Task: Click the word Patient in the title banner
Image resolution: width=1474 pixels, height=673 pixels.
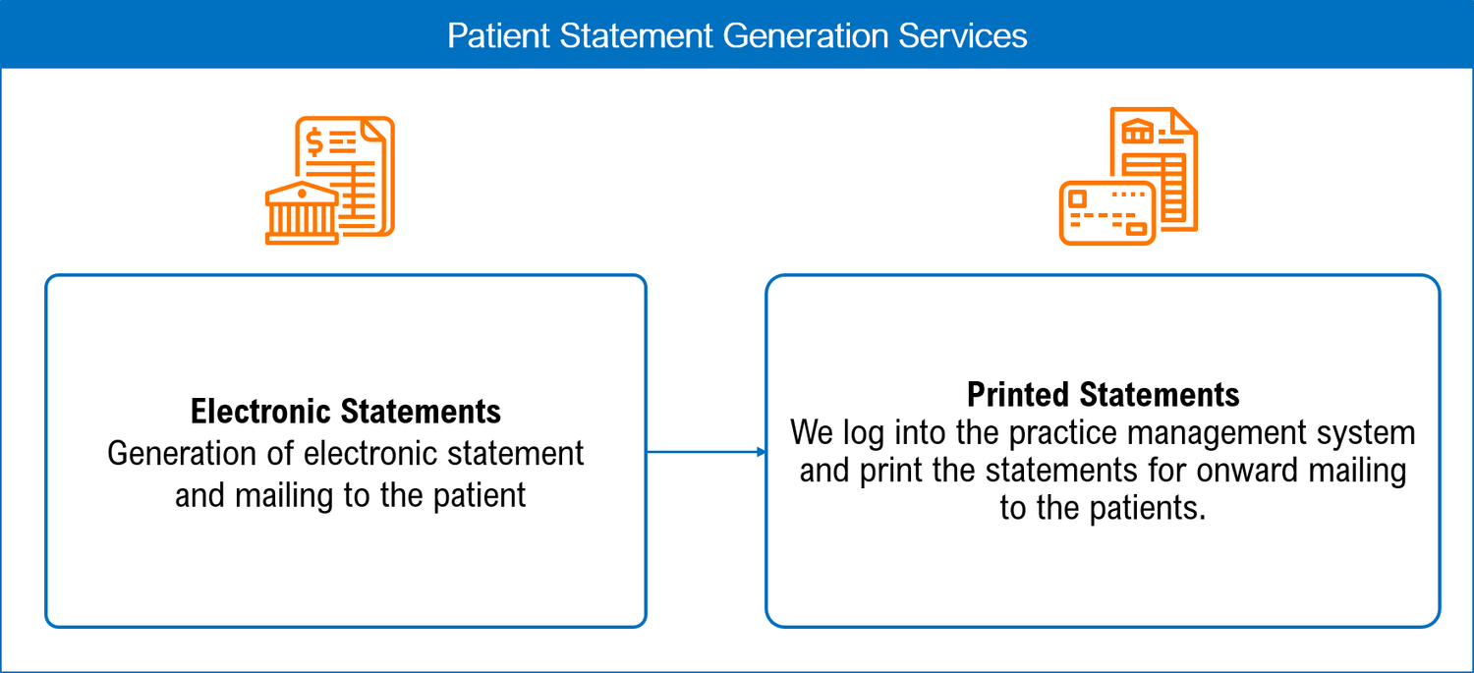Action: coord(498,36)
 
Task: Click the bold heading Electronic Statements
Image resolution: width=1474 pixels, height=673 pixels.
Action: coord(346,411)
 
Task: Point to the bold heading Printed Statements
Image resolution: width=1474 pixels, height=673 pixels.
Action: coord(1103,394)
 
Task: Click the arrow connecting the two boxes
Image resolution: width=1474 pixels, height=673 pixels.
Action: coord(706,452)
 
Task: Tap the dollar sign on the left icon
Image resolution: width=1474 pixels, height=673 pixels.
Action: coord(314,143)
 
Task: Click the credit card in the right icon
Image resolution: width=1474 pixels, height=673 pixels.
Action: coord(1106,212)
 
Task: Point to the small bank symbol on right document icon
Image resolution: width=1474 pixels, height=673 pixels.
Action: coord(1138,133)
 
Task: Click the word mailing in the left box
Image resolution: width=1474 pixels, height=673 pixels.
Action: coord(282,494)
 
